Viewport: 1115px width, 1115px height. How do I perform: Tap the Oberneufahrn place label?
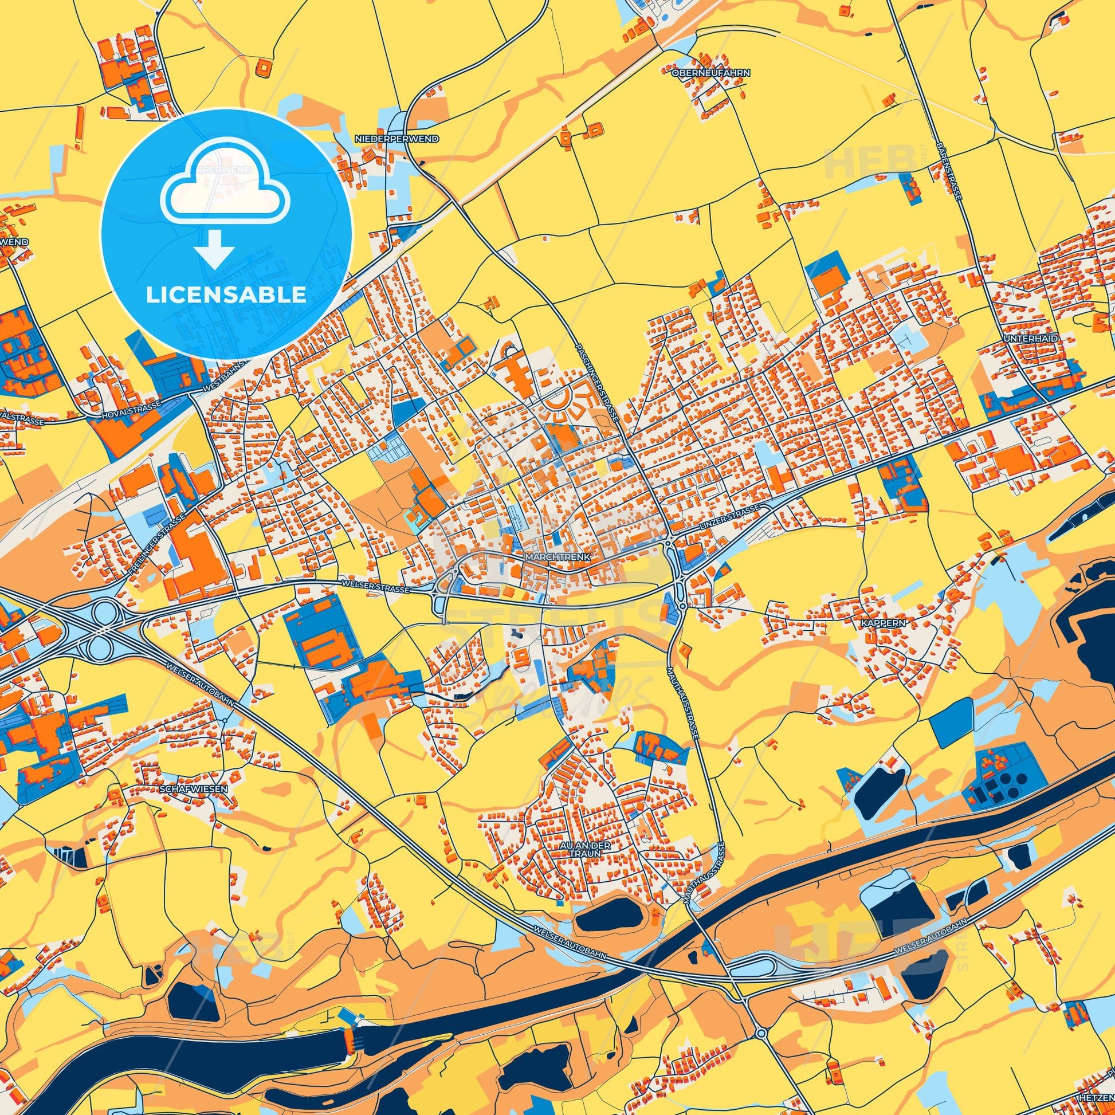tap(710, 74)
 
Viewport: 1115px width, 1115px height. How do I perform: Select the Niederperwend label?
tap(405, 139)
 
